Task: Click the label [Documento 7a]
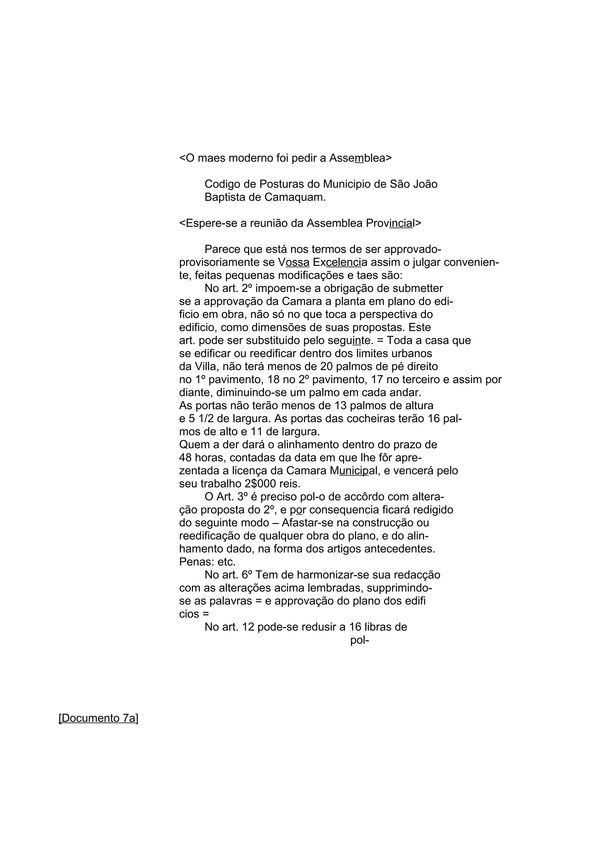coord(98,718)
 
